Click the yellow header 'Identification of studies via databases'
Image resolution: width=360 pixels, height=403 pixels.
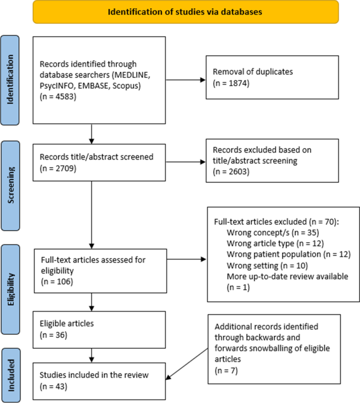(180, 12)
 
